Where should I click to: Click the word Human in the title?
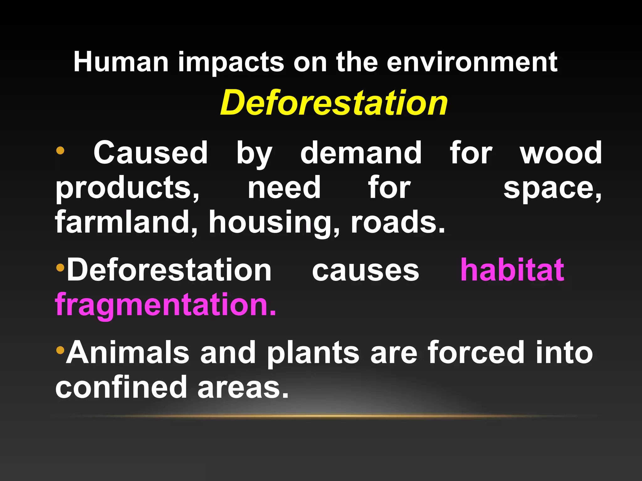pyautogui.click(x=121, y=62)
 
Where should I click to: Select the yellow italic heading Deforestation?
pyautogui.click(x=334, y=103)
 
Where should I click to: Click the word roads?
pyautogui.click(x=398, y=222)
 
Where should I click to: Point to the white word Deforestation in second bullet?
pyautogui.click(x=169, y=270)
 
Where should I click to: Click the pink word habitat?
pyautogui.click(x=512, y=270)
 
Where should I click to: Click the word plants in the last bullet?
pyautogui.click(x=313, y=353)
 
